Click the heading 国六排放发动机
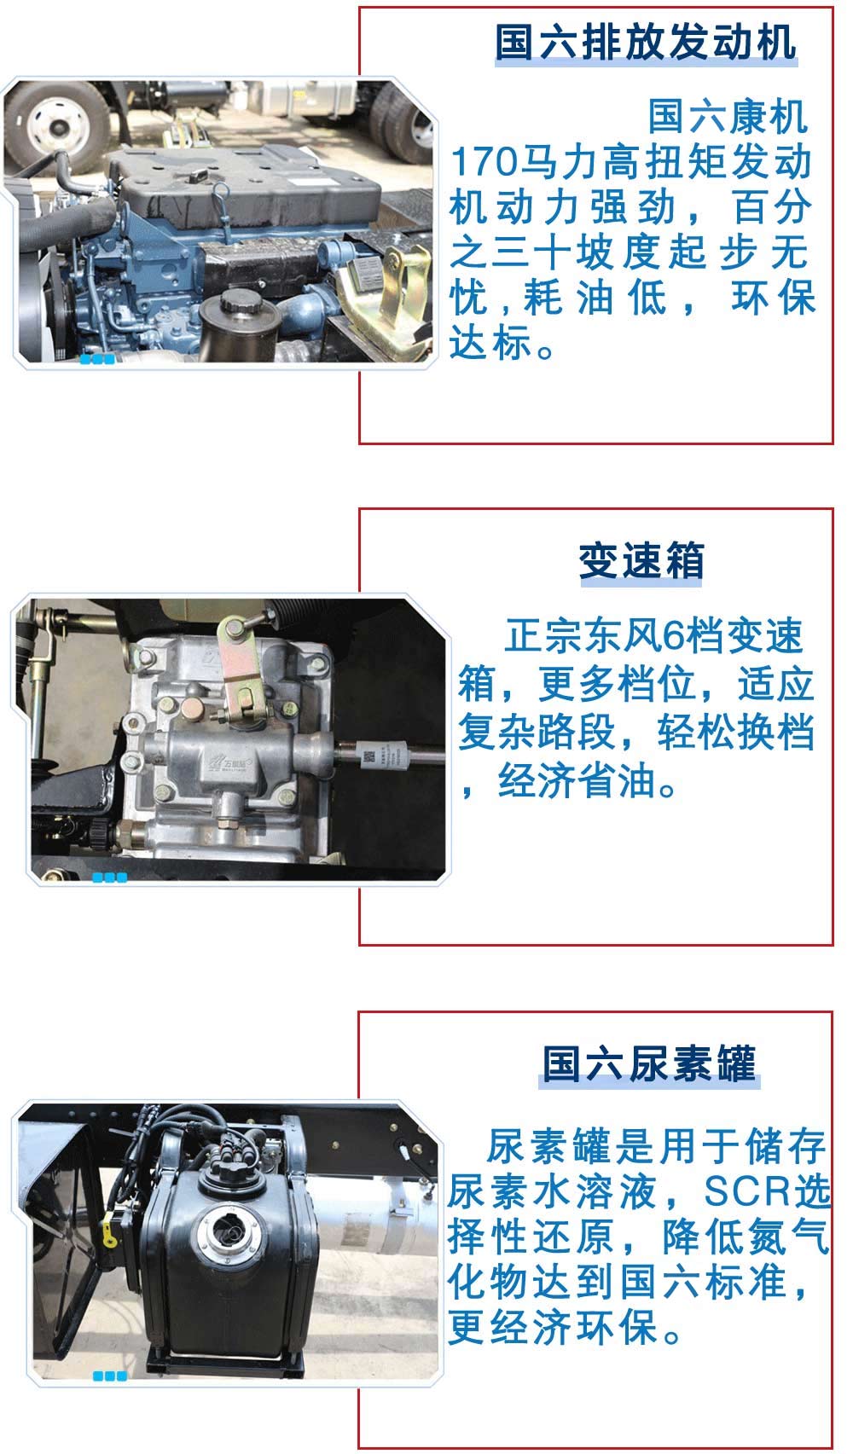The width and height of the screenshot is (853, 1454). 645,42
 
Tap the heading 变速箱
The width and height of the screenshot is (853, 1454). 641,560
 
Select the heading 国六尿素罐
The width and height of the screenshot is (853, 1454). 649,1063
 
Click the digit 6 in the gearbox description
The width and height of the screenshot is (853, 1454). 653,636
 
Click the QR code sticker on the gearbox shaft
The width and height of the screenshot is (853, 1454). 368,756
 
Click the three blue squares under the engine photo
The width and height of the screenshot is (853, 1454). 97,360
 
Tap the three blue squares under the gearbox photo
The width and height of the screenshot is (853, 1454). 110,878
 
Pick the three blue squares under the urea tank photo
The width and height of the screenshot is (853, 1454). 110,1376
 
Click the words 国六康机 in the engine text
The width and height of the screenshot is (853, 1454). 728,117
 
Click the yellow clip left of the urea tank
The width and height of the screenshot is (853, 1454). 110,1232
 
